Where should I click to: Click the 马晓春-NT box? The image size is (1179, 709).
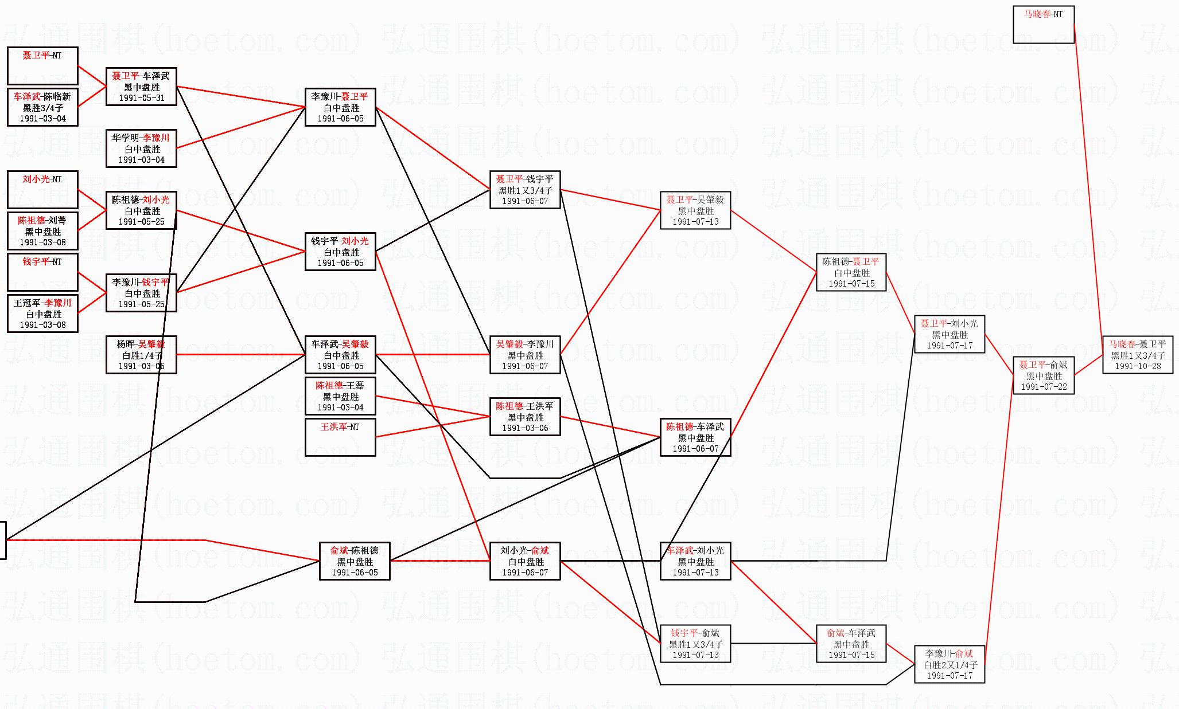[x=1043, y=25]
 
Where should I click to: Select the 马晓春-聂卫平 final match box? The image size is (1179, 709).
[x=1137, y=355]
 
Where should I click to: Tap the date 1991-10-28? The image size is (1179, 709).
[x=1137, y=366]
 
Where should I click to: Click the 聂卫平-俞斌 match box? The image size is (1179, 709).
[x=1044, y=375]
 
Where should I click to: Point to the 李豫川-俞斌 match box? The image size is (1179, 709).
[x=949, y=664]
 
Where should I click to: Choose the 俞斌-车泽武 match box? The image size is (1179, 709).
[x=851, y=644]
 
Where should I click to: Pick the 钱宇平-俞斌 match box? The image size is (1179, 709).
[x=695, y=644]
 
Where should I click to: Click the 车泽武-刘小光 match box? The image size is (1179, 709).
[x=695, y=561]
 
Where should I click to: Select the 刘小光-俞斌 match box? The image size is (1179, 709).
[x=524, y=561]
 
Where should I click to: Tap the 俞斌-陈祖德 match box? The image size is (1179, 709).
[x=355, y=561]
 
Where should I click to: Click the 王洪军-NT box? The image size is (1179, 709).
[x=340, y=437]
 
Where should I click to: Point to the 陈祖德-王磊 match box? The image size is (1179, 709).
[x=340, y=396]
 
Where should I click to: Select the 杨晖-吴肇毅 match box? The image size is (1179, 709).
[x=141, y=355]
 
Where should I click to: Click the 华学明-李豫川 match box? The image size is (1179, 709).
[x=141, y=148]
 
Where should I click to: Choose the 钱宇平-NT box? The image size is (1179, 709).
[x=42, y=272]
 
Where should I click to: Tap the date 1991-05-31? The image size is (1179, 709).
[x=141, y=98]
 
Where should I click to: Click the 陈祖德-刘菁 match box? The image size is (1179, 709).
[x=42, y=231]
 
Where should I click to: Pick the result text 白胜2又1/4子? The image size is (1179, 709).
[x=949, y=665]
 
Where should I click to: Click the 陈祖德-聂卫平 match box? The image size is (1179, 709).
[x=851, y=272]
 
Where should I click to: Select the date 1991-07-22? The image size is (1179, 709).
[x=1044, y=387]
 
